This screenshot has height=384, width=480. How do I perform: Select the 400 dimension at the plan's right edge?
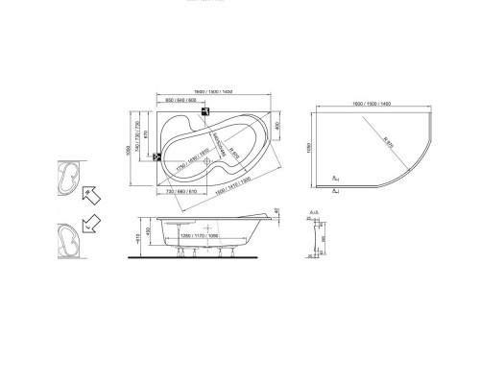pos(277,124)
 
